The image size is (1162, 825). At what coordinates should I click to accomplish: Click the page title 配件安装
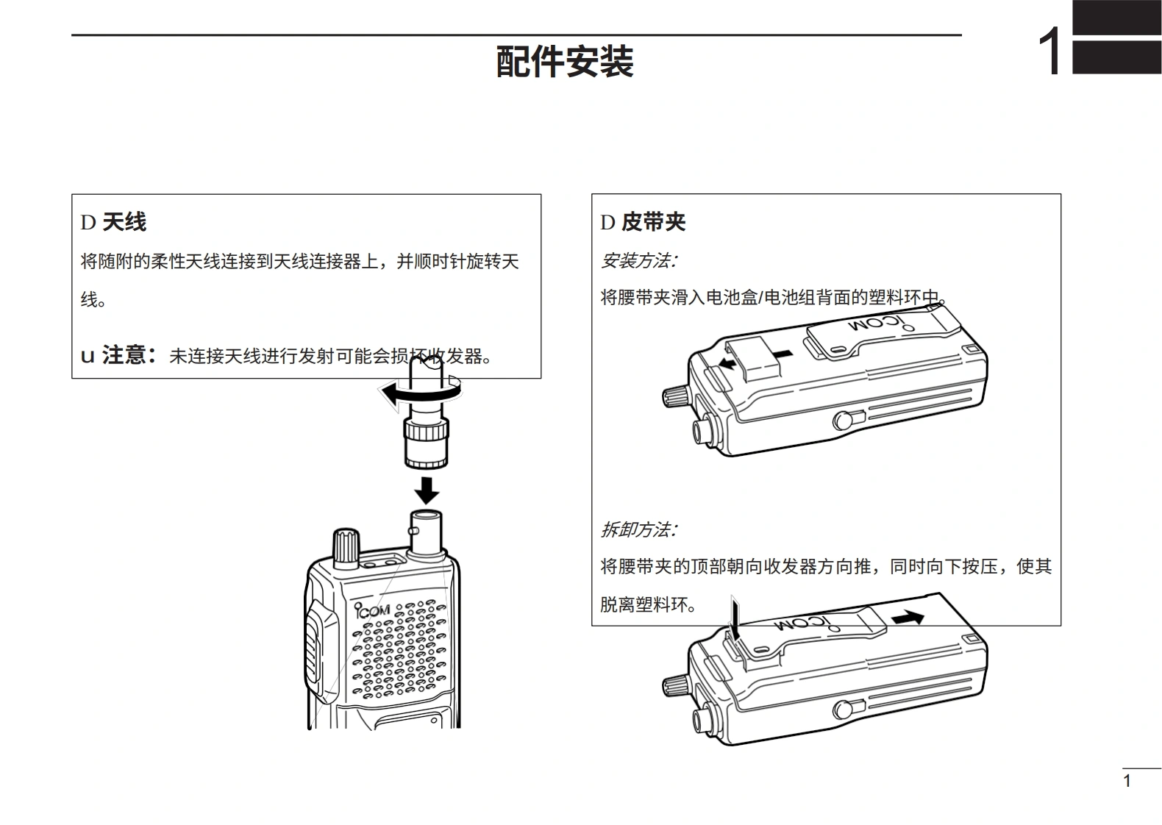pos(565,61)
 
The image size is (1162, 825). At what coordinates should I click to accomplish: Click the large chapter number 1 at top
pos(1049,51)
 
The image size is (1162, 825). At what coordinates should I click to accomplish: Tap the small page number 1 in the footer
pos(1127,781)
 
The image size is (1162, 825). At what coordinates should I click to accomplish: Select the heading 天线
pos(124,221)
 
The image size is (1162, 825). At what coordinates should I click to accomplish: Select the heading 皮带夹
pos(653,221)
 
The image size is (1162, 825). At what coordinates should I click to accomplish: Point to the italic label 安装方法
pos(638,260)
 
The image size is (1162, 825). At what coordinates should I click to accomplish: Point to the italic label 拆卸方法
pos(638,529)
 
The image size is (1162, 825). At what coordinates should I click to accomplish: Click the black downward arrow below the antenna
pos(426,489)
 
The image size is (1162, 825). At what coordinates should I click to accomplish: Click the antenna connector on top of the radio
pos(425,533)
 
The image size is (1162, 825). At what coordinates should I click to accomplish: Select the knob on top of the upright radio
pos(346,546)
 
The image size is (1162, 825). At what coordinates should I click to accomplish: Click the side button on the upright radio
pos(313,647)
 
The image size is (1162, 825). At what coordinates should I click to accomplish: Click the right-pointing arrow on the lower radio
pos(907,618)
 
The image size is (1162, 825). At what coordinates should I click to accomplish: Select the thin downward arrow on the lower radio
pos(733,616)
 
